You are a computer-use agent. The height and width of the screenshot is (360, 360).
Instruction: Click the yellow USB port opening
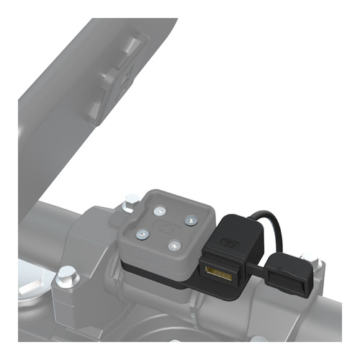click(218, 274)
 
